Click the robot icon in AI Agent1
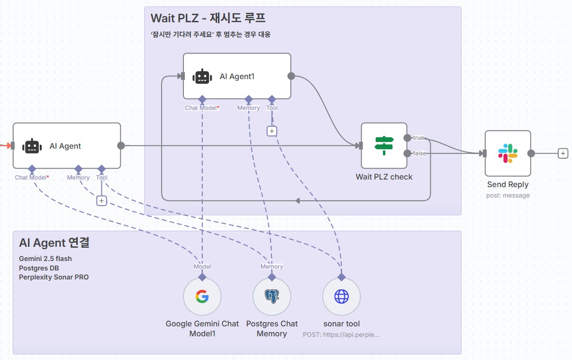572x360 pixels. click(202, 76)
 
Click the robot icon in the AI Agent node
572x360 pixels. click(32, 146)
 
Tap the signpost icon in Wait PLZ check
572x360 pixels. click(384, 145)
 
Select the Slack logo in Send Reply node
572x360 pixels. click(508, 153)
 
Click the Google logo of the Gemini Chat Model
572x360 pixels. click(202, 297)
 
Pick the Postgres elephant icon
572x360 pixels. click(272, 297)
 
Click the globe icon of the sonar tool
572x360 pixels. click(341, 297)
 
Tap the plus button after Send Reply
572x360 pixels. click(563, 153)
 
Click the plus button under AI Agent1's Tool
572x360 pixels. click(272, 131)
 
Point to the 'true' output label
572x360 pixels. click(418, 138)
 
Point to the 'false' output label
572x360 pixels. click(419, 153)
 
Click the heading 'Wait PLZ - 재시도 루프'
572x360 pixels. click(208, 18)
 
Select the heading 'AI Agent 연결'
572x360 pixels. click(54, 243)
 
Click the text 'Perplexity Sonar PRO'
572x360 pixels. click(54, 277)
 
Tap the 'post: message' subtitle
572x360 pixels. click(508, 195)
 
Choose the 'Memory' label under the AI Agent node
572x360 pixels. click(78, 178)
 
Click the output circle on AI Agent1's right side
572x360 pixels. click(291, 76)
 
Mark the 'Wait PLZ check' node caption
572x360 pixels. click(384, 177)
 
